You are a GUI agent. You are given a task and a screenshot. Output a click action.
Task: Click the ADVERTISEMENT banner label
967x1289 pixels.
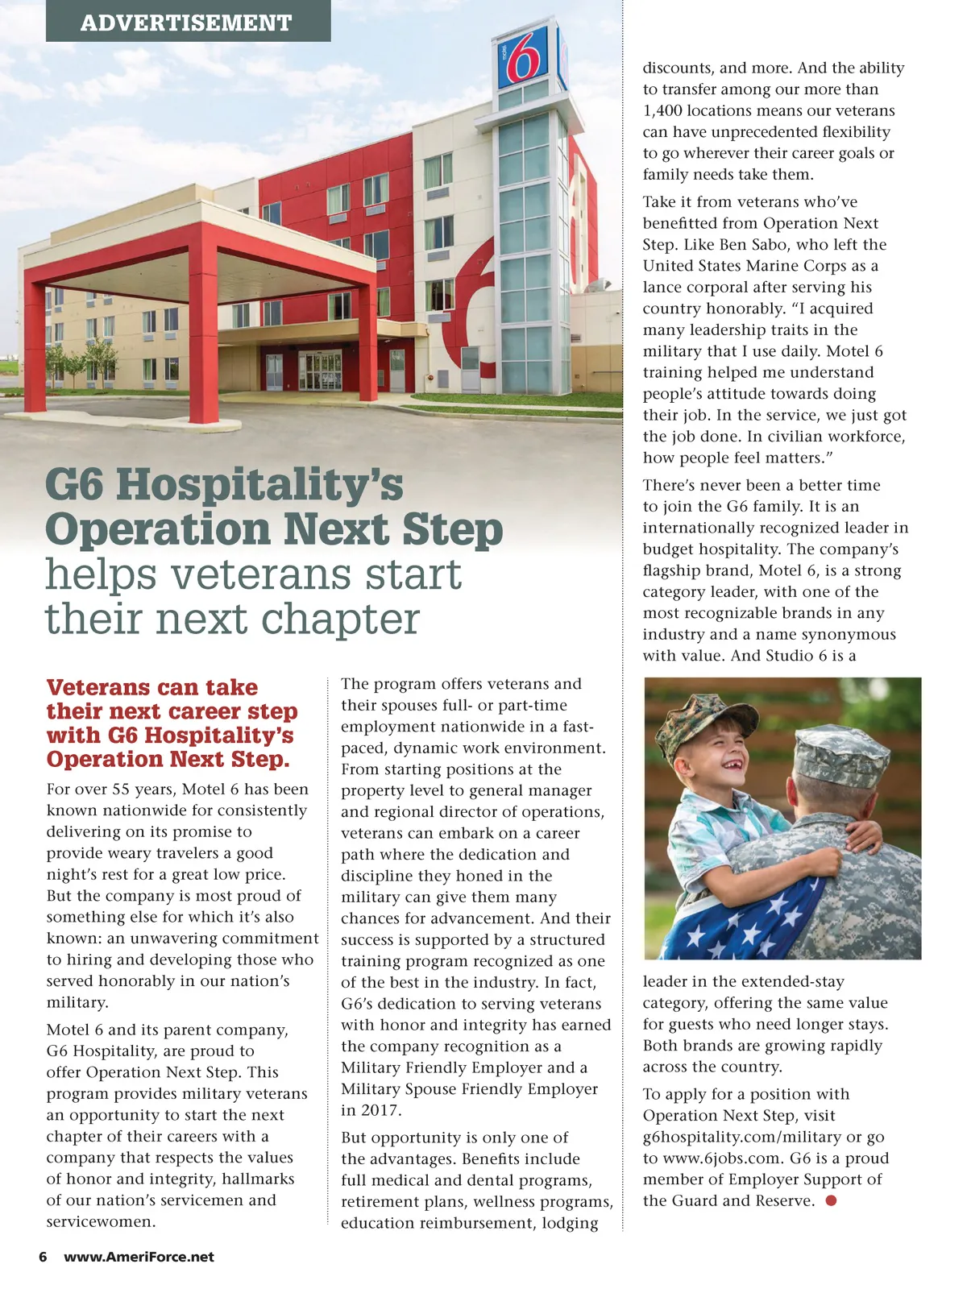click(186, 22)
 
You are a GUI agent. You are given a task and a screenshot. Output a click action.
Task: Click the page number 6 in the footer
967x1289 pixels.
click(43, 1257)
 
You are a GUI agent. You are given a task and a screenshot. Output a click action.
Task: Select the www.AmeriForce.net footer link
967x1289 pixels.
click(139, 1257)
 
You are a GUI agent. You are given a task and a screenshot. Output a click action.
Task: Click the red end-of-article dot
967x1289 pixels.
click(832, 1200)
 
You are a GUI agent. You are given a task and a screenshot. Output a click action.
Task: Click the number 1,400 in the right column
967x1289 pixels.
click(662, 111)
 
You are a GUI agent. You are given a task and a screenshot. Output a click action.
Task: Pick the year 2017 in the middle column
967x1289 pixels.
click(360, 1110)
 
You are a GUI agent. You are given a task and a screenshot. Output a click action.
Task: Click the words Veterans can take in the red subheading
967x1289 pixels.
click(152, 687)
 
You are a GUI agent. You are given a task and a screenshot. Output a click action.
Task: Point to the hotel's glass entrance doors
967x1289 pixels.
click(320, 371)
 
